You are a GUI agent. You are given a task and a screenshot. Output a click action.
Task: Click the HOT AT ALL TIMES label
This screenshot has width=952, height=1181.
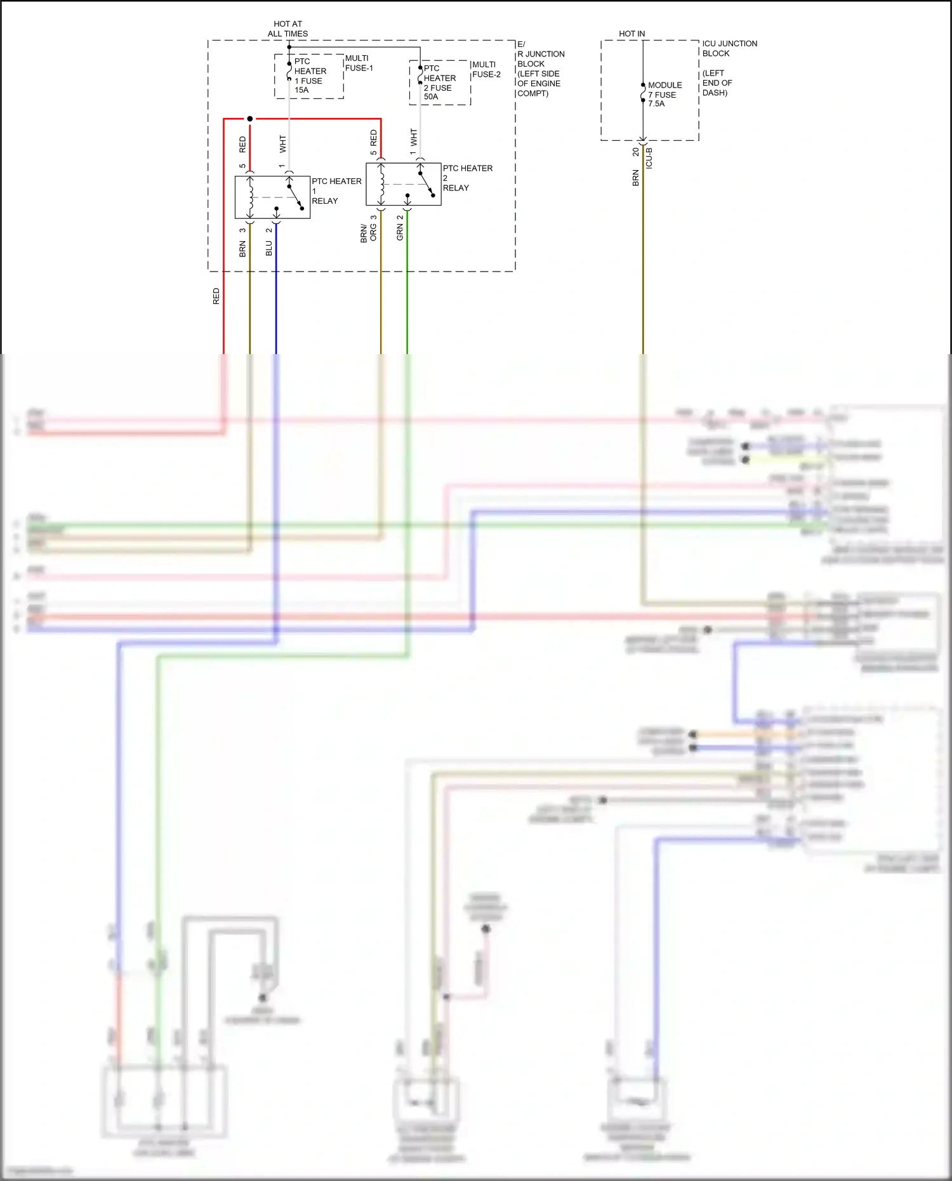(x=288, y=29)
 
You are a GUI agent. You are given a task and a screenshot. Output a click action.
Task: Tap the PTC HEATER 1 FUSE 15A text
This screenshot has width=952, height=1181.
(x=310, y=76)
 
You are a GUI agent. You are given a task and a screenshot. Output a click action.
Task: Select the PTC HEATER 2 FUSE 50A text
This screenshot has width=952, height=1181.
(x=439, y=82)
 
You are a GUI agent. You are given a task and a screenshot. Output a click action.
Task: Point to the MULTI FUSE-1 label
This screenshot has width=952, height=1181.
(x=359, y=63)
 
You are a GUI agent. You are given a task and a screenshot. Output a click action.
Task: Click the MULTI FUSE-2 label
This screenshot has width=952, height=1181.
(x=486, y=69)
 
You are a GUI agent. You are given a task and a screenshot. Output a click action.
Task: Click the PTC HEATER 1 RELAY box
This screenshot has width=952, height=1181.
(x=272, y=197)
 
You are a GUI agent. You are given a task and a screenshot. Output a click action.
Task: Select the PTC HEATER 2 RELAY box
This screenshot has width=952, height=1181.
(x=403, y=184)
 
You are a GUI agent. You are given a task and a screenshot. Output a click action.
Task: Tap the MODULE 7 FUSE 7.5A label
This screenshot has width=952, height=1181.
(x=664, y=94)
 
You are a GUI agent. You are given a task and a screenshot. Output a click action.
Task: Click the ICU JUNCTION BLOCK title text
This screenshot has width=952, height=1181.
(x=729, y=48)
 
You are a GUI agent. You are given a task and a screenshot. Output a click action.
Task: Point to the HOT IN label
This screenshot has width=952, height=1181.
(x=631, y=34)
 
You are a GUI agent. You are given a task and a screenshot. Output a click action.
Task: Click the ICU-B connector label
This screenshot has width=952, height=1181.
(x=649, y=158)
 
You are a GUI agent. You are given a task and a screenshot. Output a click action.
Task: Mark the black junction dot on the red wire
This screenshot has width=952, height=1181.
(x=249, y=119)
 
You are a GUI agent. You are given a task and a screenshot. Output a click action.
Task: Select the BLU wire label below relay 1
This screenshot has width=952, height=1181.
(x=268, y=248)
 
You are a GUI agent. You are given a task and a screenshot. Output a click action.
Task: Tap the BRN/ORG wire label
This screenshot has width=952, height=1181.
(x=368, y=233)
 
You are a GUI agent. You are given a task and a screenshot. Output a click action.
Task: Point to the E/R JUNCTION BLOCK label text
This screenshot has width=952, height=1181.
(x=539, y=69)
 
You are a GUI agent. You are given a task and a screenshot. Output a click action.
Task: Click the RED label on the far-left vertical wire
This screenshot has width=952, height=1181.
(x=216, y=296)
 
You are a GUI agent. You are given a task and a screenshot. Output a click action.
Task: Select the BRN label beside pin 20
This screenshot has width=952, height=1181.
(x=635, y=178)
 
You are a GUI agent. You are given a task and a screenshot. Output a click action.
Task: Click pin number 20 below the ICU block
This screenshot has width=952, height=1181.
(x=635, y=152)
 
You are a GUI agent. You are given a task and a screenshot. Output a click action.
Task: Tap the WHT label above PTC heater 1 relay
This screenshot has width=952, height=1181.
(x=282, y=143)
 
